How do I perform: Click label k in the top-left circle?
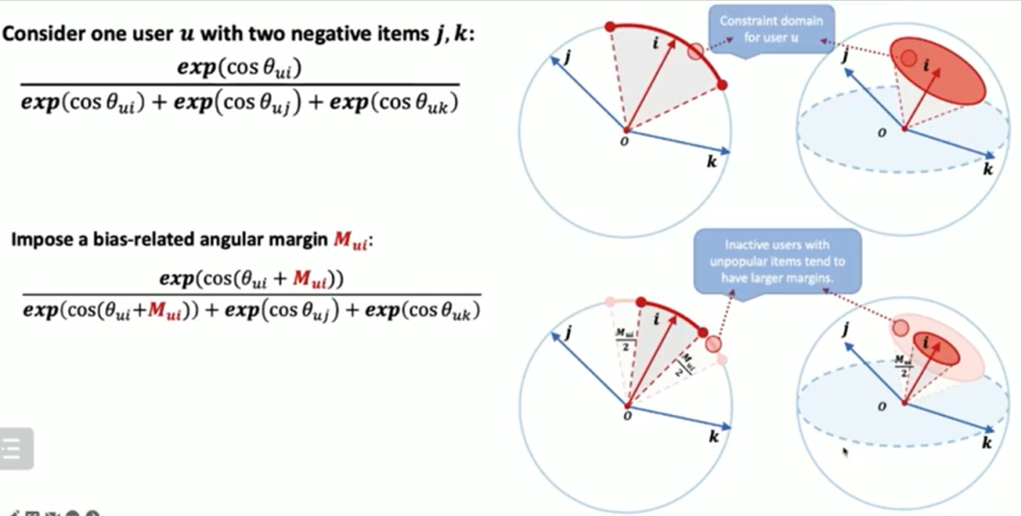coord(711,162)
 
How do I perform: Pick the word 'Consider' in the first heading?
coord(42,33)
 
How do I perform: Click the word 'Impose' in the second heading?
coord(38,240)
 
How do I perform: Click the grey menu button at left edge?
coord(15,448)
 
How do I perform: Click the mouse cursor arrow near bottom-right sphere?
coord(844,453)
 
